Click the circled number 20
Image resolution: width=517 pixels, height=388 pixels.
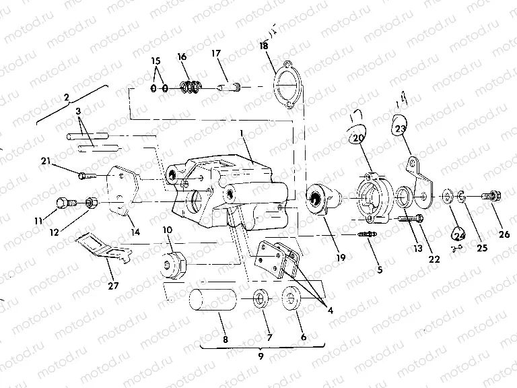(357, 137)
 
